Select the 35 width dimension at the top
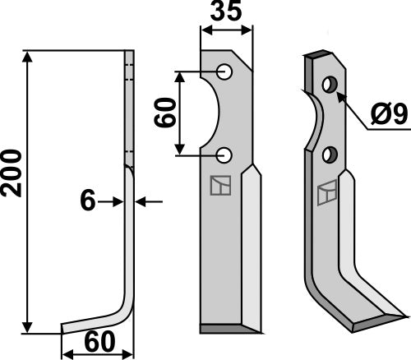click(226, 13)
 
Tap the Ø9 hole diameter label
click(387, 116)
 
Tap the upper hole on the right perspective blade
click(330, 85)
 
